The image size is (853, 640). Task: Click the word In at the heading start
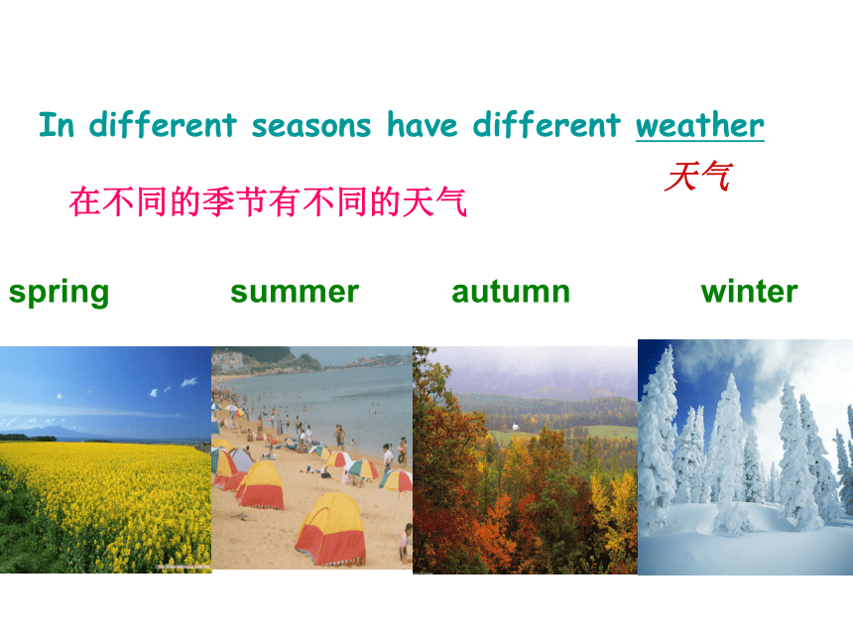56,125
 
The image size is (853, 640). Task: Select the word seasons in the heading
310,126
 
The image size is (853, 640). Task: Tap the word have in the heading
422,125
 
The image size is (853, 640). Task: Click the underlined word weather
699,125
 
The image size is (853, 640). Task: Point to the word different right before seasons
163,124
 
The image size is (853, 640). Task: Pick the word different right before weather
547,124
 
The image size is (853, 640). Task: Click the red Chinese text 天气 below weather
698,177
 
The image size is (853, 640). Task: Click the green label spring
59,294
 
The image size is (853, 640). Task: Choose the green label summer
295,292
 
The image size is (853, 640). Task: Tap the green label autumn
511,292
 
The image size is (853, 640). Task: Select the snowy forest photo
745,457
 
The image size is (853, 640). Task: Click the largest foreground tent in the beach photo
330,530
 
